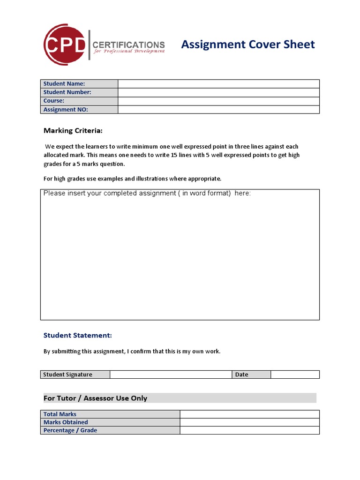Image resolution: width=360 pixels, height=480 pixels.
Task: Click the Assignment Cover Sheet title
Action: click(x=247, y=45)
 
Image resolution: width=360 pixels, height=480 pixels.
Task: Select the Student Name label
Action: click(x=64, y=84)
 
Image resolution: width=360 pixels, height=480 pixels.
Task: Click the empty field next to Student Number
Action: click(x=218, y=92)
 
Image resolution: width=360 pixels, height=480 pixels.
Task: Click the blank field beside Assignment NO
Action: click(x=218, y=110)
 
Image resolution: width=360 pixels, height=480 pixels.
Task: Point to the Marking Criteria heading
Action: click(x=73, y=130)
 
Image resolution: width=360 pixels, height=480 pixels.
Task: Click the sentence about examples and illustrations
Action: click(x=132, y=179)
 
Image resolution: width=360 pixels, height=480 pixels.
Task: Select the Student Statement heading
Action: click(x=77, y=335)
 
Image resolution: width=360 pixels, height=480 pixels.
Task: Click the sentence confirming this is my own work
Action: click(x=132, y=351)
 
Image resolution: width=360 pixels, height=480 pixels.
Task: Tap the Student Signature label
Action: click(x=68, y=375)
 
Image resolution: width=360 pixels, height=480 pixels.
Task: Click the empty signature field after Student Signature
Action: click(x=171, y=375)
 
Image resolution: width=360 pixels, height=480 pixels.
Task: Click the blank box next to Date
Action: click(x=295, y=375)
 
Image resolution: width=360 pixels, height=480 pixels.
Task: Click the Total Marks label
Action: click(x=60, y=414)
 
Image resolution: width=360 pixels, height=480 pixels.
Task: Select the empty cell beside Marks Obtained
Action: click(x=249, y=422)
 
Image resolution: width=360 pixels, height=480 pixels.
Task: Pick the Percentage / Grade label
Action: click(x=70, y=430)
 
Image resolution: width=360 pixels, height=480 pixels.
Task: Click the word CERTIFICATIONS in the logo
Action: click(x=128, y=45)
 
